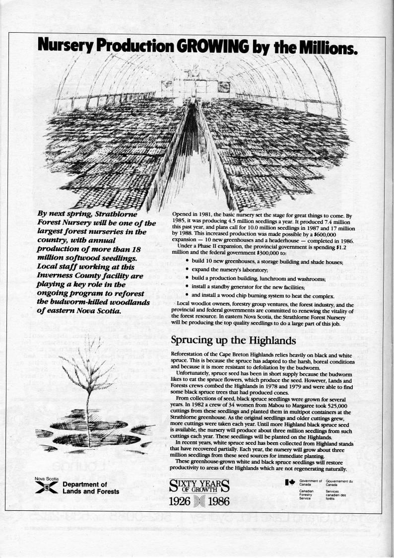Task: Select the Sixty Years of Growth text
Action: pyautogui.click(x=199, y=486)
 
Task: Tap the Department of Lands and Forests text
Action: pyautogui.click(x=91, y=488)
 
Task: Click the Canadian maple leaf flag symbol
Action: pyautogui.click(x=290, y=482)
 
